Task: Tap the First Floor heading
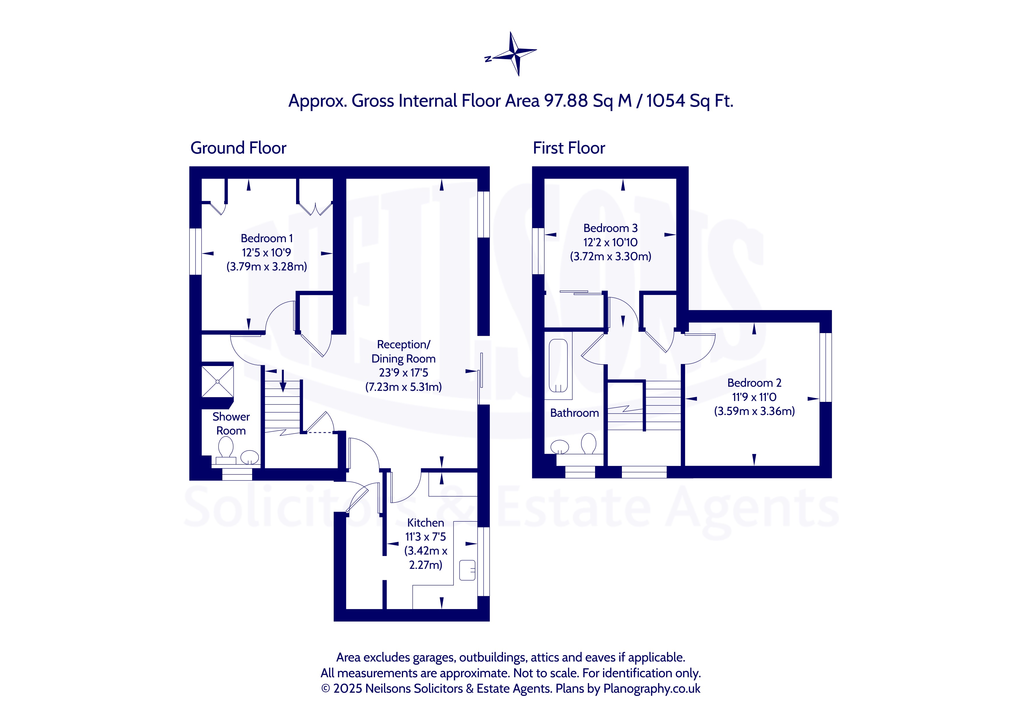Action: pyautogui.click(x=569, y=148)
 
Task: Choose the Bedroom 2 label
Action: pyautogui.click(x=754, y=383)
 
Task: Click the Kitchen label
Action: pyautogui.click(x=425, y=523)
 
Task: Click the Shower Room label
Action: pyautogui.click(x=231, y=423)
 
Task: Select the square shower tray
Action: pyautogui.click(x=218, y=381)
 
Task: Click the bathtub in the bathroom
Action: pyautogui.click(x=558, y=365)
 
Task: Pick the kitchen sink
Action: pyautogui.click(x=467, y=570)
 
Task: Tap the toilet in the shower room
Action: pyautogui.click(x=226, y=450)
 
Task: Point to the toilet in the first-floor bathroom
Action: pyautogui.click(x=588, y=444)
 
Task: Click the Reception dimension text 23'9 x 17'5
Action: pyautogui.click(x=403, y=373)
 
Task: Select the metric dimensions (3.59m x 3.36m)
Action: pyautogui.click(x=754, y=411)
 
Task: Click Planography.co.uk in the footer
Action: pyautogui.click(x=652, y=689)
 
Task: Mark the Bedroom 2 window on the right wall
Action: pyautogui.click(x=826, y=367)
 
